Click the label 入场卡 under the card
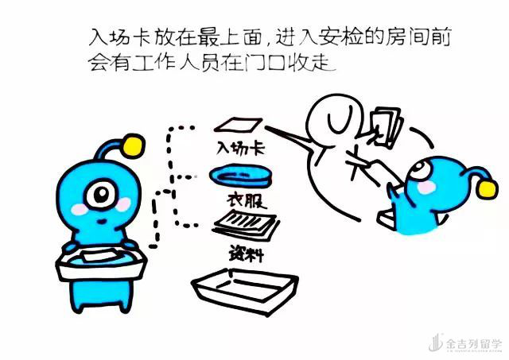pyautogui.click(x=241, y=149)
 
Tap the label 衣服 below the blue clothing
pyautogui.click(x=247, y=201)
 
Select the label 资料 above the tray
pyautogui.click(x=247, y=253)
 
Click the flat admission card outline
pyautogui.click(x=238, y=125)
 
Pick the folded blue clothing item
pyautogui.click(x=240, y=176)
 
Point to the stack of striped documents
pyautogui.click(x=246, y=226)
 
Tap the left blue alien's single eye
pyautogui.click(x=102, y=194)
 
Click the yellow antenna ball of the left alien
pyautogui.click(x=133, y=146)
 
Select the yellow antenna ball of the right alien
pyautogui.click(x=488, y=189)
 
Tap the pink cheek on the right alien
pyautogui.click(x=426, y=187)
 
